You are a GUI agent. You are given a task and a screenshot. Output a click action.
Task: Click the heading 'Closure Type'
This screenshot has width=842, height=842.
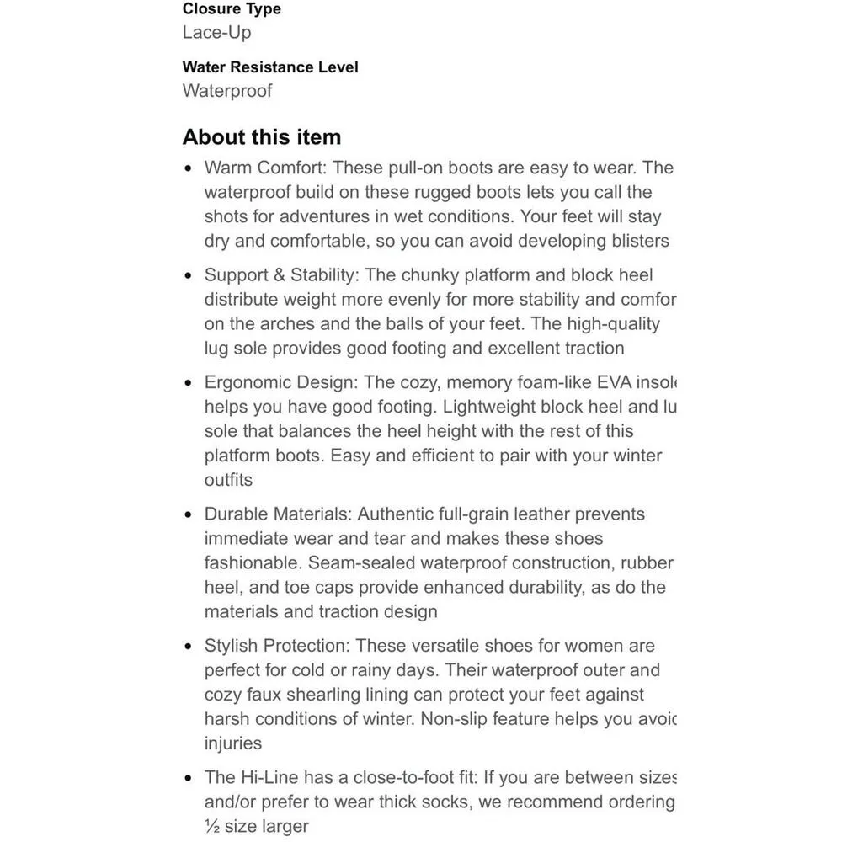(232, 9)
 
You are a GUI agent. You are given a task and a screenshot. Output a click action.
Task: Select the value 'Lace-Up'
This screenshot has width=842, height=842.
(216, 33)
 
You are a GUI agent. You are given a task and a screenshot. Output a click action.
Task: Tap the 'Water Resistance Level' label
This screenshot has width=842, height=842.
(270, 67)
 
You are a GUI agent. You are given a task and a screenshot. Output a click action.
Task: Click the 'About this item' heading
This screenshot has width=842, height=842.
(262, 137)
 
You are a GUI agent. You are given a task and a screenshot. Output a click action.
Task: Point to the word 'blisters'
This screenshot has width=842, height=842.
(634, 241)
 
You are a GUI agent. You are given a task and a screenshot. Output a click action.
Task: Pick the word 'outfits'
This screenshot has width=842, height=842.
(228, 480)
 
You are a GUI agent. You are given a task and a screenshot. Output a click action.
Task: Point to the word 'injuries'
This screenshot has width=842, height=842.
(233, 743)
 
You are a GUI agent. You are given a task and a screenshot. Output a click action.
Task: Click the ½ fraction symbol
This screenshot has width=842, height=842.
(212, 826)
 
